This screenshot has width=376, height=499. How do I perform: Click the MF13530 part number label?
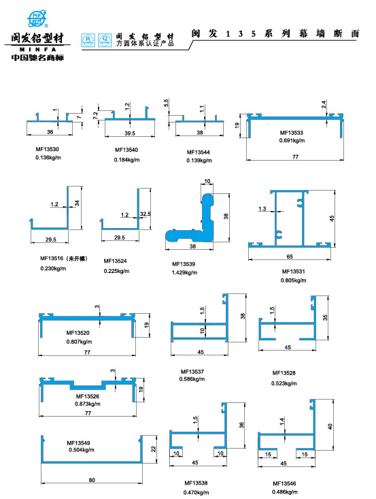[x=47, y=149]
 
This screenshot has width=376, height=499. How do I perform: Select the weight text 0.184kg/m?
[x=127, y=160]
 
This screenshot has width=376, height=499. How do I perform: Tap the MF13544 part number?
[x=199, y=152]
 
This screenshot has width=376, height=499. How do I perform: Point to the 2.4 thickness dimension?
[x=324, y=104]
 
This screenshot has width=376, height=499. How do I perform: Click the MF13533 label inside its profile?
[x=292, y=133]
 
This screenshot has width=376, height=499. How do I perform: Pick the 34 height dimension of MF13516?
[x=78, y=203]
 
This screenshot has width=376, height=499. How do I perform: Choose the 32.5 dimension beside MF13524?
[x=146, y=214]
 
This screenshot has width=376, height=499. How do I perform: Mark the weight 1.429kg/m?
[x=184, y=273]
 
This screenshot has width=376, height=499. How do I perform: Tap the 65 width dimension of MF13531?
[x=290, y=257]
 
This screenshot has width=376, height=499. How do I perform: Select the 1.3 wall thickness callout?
[x=262, y=209]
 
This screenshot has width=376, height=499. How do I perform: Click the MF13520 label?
[x=78, y=333]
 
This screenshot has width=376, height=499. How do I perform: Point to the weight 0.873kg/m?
[x=88, y=404]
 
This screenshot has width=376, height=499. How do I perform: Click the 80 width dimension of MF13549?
[x=92, y=480]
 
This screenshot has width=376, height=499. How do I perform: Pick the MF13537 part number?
[x=192, y=372]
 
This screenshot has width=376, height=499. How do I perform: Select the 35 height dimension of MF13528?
[x=325, y=318]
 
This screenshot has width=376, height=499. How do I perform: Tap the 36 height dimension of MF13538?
[x=241, y=425]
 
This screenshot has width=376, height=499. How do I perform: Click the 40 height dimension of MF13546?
[x=330, y=426]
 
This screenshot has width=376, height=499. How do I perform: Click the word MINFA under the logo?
[x=38, y=49]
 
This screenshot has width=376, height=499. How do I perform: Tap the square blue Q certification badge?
[x=105, y=40]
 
